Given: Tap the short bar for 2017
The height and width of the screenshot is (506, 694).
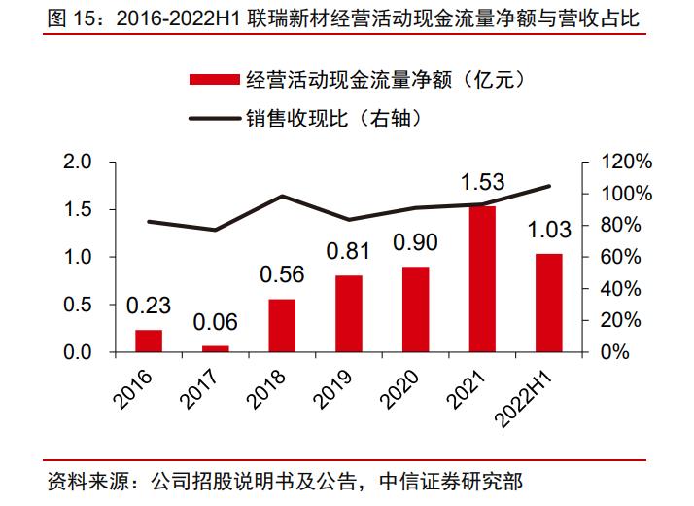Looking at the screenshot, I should [x=216, y=348].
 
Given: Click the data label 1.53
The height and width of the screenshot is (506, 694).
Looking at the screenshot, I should [x=483, y=182].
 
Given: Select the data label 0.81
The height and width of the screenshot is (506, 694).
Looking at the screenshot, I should [x=349, y=251].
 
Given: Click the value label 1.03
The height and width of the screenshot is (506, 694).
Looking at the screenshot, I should [x=549, y=230].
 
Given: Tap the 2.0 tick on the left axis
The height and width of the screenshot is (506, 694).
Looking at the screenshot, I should [x=76, y=162].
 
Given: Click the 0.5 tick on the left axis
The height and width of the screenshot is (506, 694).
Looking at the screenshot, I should [x=76, y=305].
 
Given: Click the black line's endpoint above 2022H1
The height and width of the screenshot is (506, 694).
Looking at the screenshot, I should [x=549, y=186].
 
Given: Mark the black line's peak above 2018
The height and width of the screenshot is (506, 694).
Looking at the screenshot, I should [x=282, y=196].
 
